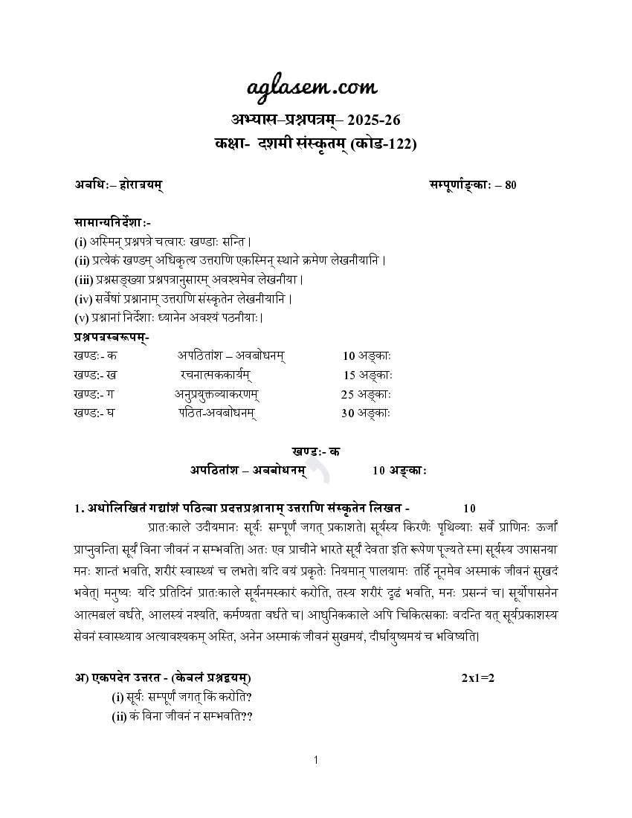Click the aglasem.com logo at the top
click(312, 87)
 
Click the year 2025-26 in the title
click(376, 120)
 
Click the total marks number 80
click(510, 185)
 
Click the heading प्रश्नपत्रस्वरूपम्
click(112, 337)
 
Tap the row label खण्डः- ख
click(94, 375)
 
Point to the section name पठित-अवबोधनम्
click(217, 413)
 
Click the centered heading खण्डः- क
click(315, 451)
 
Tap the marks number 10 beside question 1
click(469, 509)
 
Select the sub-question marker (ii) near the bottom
click(118, 716)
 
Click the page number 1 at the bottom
click(316, 759)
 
